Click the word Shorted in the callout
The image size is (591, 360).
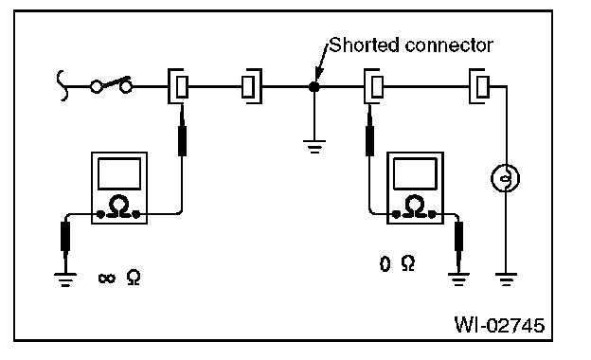pos(364,45)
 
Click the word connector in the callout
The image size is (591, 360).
pos(449,45)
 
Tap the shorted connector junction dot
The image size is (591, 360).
pos(314,87)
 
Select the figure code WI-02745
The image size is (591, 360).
pos(499,325)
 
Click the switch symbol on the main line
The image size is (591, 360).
pos(111,85)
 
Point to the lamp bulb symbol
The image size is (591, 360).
pos(505,178)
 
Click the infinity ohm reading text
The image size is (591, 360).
pos(119,278)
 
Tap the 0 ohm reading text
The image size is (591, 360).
pos(397,263)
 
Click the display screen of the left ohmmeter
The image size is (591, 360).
pos(119,173)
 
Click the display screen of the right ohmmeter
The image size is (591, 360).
pos(415,173)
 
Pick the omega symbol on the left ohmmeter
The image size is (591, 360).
pos(118,207)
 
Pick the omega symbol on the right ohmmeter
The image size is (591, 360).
pos(414,207)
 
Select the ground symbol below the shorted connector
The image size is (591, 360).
pos(314,147)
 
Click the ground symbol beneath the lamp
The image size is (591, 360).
pos(506,279)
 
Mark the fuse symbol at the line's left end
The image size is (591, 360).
pos(63,85)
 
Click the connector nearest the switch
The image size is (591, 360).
pos(178,86)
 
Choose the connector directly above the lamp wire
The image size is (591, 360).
pos(479,86)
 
